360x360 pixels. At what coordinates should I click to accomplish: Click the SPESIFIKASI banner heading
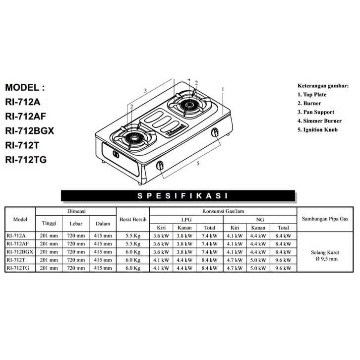click(182, 196)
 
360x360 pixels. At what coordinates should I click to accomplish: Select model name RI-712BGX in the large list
click(30, 131)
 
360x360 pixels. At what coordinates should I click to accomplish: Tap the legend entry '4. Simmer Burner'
click(319, 121)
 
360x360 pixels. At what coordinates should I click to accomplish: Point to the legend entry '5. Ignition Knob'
click(317, 130)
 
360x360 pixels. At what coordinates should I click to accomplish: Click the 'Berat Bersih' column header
click(133, 219)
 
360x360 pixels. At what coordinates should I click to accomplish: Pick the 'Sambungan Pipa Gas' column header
click(325, 219)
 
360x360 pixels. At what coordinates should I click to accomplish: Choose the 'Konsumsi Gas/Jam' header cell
click(223, 211)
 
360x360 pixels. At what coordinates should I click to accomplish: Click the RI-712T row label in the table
click(16, 260)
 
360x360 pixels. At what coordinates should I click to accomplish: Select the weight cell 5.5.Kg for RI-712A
click(133, 236)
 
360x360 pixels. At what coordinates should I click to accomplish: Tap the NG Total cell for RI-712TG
click(283, 268)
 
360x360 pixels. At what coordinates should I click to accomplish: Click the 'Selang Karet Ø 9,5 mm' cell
click(325, 256)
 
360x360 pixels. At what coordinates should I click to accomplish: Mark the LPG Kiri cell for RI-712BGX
click(161, 252)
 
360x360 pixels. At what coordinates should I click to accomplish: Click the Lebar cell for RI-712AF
click(76, 244)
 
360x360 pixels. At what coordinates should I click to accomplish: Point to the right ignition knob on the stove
click(215, 132)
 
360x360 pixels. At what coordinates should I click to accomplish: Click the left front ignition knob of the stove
click(160, 165)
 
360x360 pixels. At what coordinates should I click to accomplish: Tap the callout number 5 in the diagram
click(198, 164)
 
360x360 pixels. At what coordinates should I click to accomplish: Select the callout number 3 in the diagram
click(145, 91)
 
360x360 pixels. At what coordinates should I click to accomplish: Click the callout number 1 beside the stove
click(223, 89)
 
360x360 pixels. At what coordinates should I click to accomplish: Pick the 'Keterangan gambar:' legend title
click(323, 86)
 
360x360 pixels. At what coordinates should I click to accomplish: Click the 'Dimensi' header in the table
click(76, 211)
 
